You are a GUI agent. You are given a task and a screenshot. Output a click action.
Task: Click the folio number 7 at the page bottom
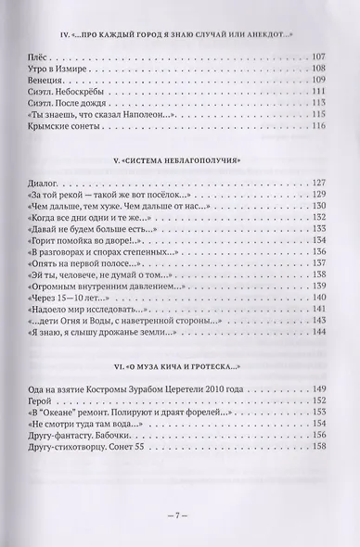point(180,515)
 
